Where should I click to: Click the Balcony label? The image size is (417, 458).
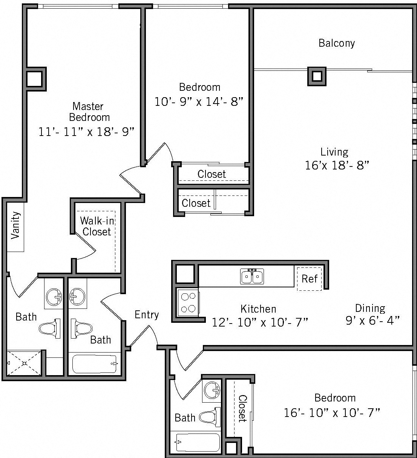tap(336, 43)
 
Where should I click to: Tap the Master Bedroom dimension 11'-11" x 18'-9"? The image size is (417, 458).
tap(87, 132)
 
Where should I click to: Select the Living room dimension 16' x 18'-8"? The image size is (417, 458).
tap(336, 165)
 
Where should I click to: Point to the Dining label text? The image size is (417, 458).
tap(369, 308)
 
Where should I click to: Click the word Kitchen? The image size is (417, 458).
tap(258, 309)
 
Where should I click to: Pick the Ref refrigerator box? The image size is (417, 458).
tap(309, 279)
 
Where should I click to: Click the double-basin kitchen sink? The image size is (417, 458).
tap(252, 276)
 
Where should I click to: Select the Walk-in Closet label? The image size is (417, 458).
tap(97, 226)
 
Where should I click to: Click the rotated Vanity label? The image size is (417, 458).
tap(15, 225)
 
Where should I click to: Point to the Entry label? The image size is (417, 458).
tap(147, 314)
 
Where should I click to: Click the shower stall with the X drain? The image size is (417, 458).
tap(24, 363)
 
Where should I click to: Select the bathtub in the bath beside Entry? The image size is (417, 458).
tap(94, 364)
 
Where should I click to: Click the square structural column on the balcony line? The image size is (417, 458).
tap(317, 76)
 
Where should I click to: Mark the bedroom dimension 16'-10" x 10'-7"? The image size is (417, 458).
tap(332, 413)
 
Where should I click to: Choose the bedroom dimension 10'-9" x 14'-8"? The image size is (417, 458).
tap(199, 101)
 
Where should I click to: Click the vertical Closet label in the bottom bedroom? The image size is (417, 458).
tap(242, 408)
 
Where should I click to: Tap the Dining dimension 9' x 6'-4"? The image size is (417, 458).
tap(372, 321)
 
